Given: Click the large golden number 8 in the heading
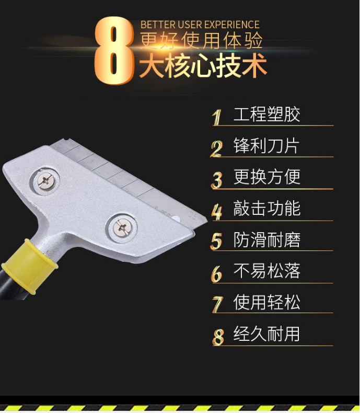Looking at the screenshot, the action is click(x=114, y=51).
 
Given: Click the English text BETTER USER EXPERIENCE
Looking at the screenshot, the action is click(x=200, y=25).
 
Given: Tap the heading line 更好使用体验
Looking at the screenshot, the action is click(x=201, y=40).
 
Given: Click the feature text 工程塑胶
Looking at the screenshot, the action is click(x=267, y=114).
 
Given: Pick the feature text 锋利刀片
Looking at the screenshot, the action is click(x=266, y=146).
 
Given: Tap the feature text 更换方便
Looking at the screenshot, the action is click(x=267, y=177).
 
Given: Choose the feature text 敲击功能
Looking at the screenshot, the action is click(x=267, y=208).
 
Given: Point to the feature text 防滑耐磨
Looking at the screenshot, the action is click(x=267, y=239).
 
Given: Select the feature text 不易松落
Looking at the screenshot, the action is click(x=267, y=271).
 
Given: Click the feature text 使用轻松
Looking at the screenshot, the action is click(x=267, y=302).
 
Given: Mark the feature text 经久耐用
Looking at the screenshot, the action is click(x=266, y=334).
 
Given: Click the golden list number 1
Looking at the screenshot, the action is click(x=217, y=117).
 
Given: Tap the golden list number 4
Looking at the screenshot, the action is click(x=217, y=212).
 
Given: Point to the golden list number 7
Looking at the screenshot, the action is click(x=218, y=304).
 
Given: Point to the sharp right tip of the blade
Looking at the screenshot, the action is click(x=207, y=220).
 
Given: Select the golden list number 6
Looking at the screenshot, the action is click(x=217, y=273).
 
